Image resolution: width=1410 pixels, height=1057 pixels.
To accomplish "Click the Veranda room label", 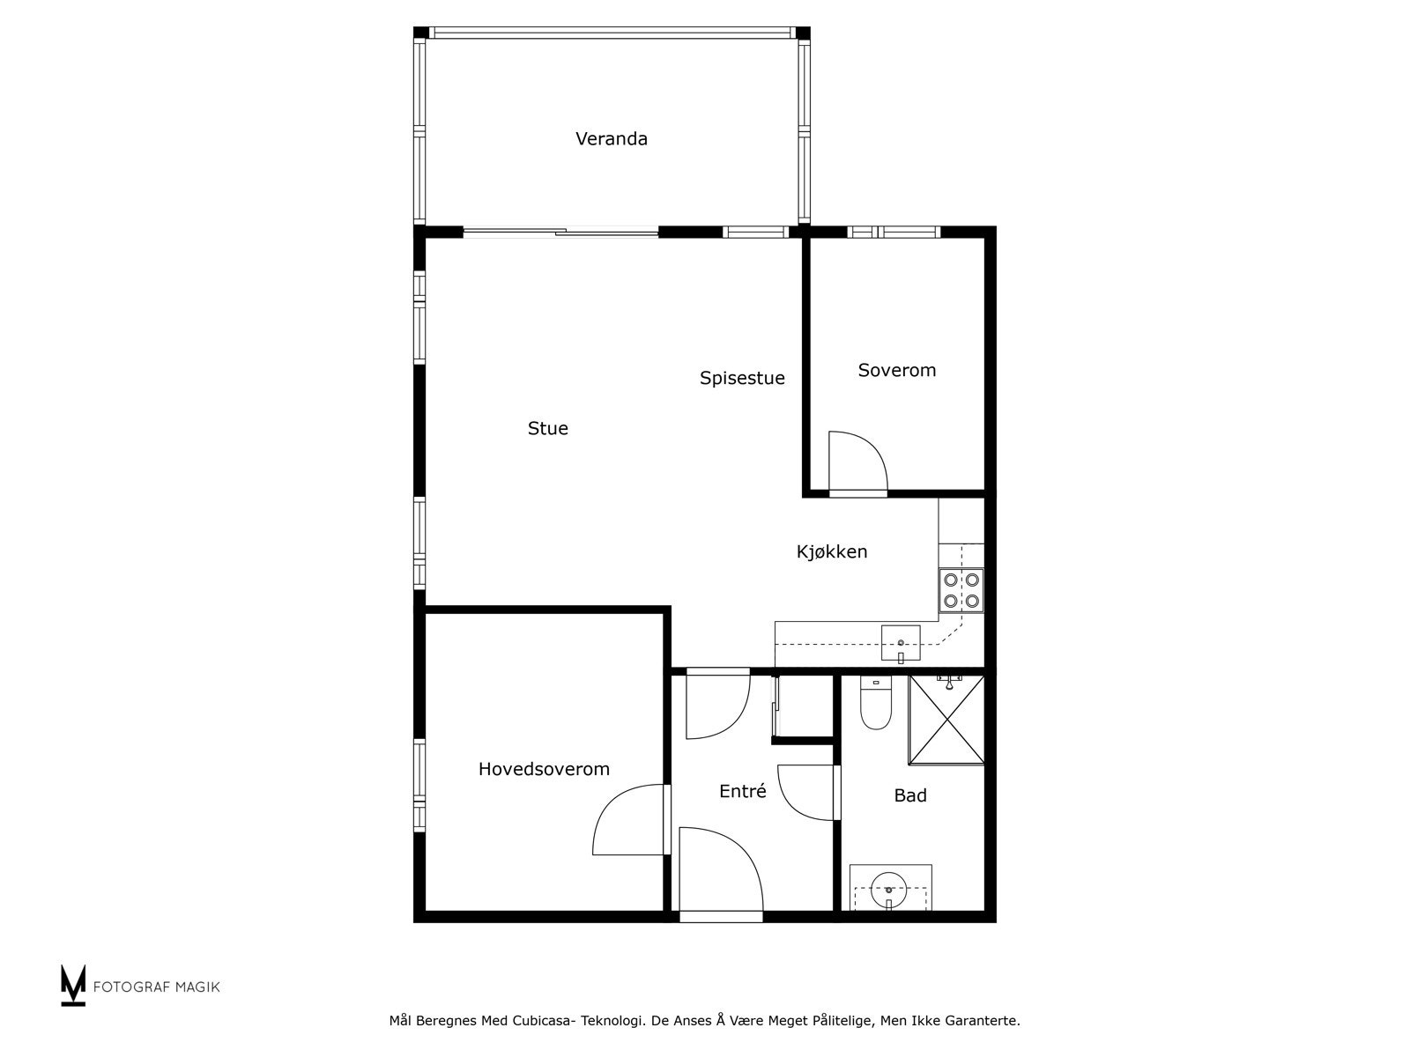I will pyautogui.click(x=611, y=139).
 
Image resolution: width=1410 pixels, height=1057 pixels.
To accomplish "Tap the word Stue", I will pyautogui.click(x=547, y=429).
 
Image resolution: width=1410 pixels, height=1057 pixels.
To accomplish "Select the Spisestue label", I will pyautogui.click(x=742, y=379).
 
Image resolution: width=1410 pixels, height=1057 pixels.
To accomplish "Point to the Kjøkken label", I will pyautogui.click(x=832, y=552).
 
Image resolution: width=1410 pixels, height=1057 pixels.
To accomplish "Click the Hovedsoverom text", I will pyautogui.click(x=544, y=769).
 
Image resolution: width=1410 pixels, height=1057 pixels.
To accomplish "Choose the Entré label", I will pyautogui.click(x=742, y=792).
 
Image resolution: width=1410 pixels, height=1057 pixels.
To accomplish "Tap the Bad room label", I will pyautogui.click(x=909, y=796).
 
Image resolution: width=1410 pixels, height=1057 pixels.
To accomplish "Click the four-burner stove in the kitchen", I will pyautogui.click(x=961, y=591).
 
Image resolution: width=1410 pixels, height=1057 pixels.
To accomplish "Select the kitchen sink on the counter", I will pyautogui.click(x=900, y=642).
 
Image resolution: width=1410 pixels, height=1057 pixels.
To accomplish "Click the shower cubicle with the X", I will pyautogui.click(x=946, y=721).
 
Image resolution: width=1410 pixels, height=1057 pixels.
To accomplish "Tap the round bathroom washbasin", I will pyautogui.click(x=888, y=889).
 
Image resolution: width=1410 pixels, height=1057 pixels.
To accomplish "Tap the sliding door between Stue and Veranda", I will pyautogui.click(x=561, y=233).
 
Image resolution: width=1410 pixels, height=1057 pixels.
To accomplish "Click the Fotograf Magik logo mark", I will pyautogui.click(x=73, y=985).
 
